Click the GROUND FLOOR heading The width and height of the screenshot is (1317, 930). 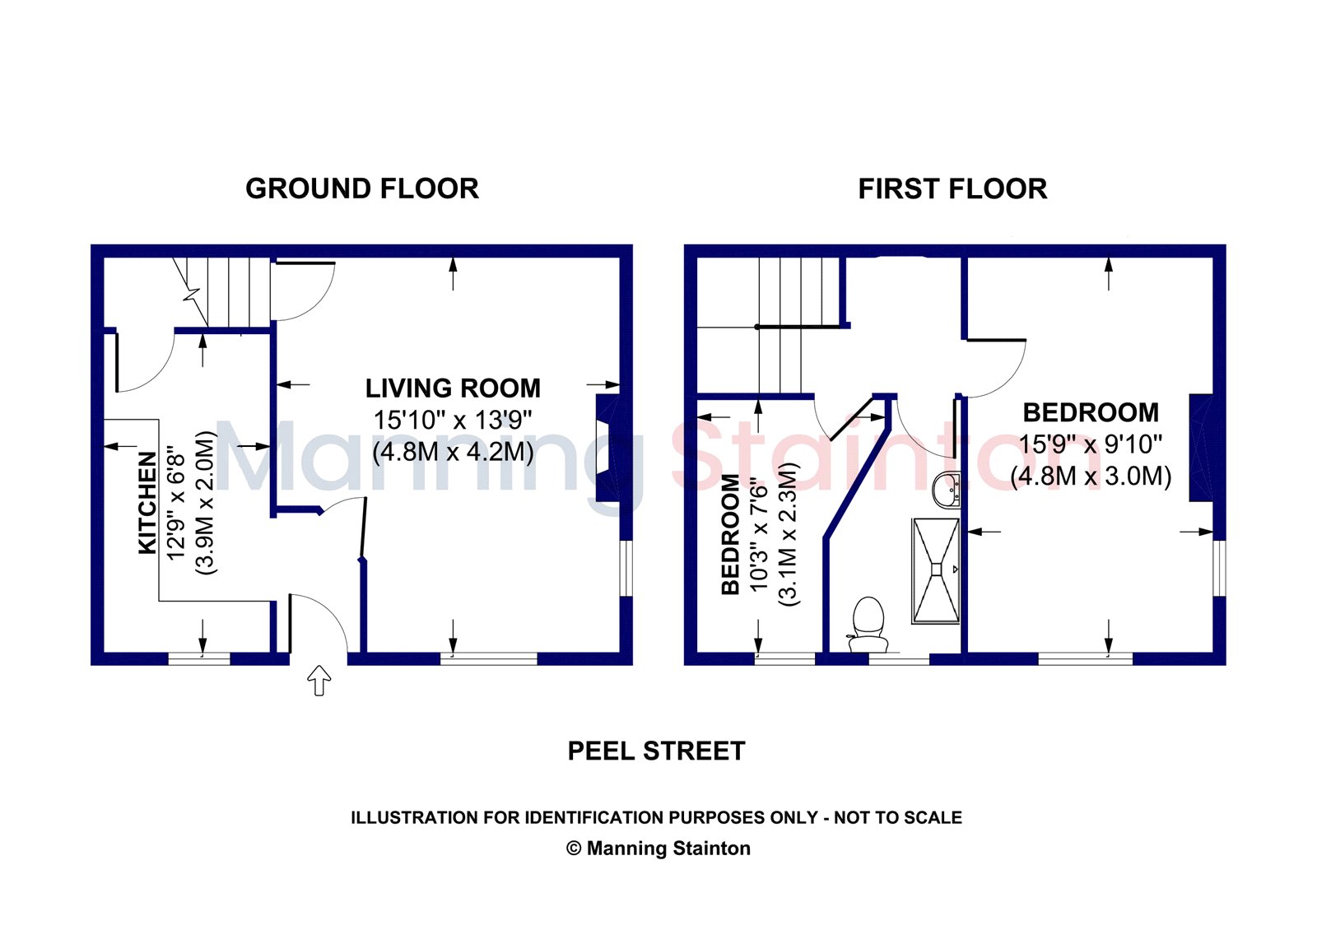(x=362, y=188)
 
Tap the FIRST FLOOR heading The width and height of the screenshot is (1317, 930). (x=952, y=188)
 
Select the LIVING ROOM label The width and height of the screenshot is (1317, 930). (x=453, y=388)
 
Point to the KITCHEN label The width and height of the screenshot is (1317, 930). (x=147, y=503)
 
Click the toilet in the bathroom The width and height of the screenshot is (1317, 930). (x=868, y=625)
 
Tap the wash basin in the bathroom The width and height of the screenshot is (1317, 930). (x=947, y=489)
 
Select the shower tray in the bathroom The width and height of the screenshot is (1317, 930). (x=935, y=570)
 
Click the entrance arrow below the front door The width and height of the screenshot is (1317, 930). (x=319, y=680)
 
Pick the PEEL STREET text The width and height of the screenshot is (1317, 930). (x=657, y=751)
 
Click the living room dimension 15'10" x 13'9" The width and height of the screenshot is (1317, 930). (x=453, y=420)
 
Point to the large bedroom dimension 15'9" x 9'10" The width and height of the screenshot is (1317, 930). (x=1091, y=444)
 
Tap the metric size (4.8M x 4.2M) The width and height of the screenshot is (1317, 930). (x=453, y=452)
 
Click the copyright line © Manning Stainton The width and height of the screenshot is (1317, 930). (x=658, y=849)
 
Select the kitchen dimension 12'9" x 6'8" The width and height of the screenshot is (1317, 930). (x=176, y=507)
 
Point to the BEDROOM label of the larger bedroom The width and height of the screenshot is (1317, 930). (x=1091, y=412)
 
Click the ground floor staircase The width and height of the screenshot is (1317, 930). (x=222, y=293)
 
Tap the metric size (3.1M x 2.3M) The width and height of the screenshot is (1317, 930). (x=789, y=534)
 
